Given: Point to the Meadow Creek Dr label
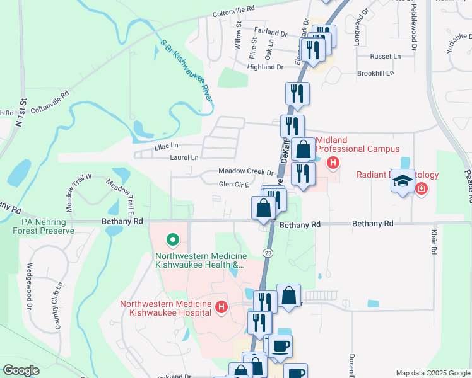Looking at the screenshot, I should [x=246, y=171].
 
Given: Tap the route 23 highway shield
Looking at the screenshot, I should [x=268, y=252].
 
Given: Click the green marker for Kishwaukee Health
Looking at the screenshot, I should [x=171, y=240].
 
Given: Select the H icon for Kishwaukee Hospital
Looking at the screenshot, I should [x=221, y=307].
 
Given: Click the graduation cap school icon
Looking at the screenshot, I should [x=401, y=181].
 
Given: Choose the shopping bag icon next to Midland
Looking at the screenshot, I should [x=304, y=150].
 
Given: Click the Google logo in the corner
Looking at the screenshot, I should [x=21, y=370].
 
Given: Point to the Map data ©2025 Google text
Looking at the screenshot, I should [x=432, y=373].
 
